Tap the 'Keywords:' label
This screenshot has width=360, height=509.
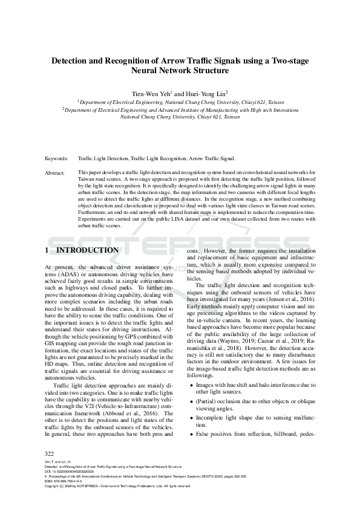click(56, 159)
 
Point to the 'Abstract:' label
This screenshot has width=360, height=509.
click(55, 172)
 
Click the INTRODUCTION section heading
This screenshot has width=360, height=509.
click(87, 250)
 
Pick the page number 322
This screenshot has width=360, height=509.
click(50, 453)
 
